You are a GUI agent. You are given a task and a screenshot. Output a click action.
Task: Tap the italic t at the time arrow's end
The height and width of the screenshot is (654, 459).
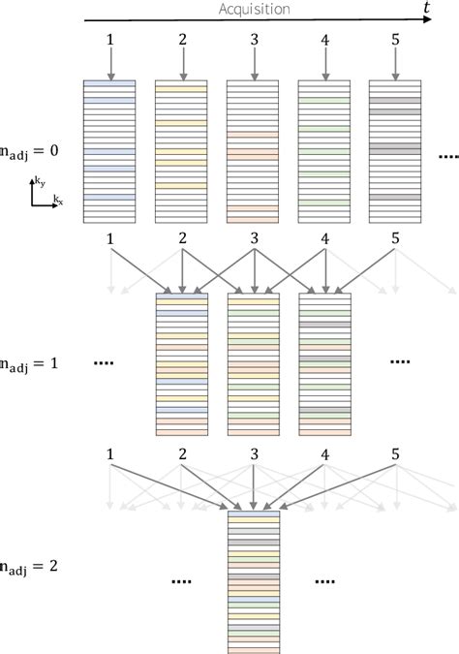(x=426, y=9)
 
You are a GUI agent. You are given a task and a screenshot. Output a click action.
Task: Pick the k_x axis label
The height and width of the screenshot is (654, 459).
(x=58, y=201)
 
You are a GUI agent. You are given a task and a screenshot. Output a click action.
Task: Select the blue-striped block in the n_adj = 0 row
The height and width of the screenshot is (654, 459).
(x=109, y=151)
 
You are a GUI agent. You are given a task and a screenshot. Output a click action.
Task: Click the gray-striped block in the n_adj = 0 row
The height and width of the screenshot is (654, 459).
(x=395, y=151)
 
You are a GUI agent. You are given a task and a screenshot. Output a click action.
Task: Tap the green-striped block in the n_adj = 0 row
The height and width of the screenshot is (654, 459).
(x=324, y=151)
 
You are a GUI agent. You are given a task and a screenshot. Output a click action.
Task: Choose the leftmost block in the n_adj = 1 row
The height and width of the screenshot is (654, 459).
(x=181, y=363)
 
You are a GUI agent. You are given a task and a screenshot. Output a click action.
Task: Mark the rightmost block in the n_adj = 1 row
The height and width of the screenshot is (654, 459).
(x=324, y=363)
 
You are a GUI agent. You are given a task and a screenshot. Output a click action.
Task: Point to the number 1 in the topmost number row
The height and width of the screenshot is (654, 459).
(x=109, y=42)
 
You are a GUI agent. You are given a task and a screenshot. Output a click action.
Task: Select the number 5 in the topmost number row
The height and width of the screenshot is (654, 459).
(x=395, y=42)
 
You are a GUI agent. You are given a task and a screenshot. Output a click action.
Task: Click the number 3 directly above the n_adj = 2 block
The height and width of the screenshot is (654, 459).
(x=253, y=452)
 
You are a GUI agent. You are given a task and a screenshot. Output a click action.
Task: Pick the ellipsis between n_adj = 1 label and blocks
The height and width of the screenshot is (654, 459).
(x=106, y=363)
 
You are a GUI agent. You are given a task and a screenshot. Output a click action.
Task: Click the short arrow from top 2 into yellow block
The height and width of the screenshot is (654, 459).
(x=181, y=64)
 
